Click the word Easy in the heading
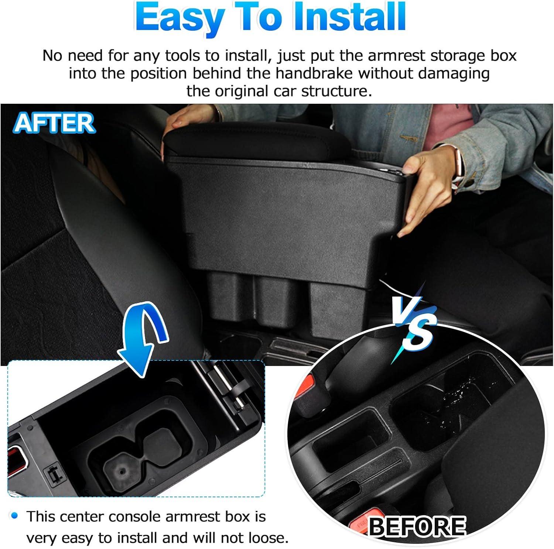[179, 18]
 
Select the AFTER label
[54, 123]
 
